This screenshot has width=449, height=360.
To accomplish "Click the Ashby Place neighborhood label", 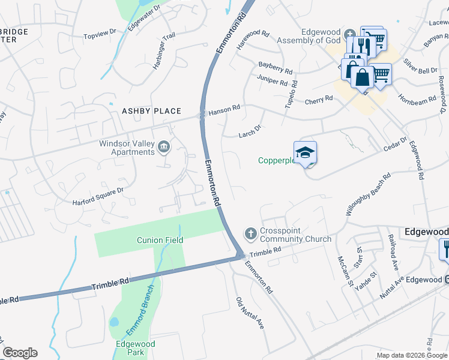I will (151, 111).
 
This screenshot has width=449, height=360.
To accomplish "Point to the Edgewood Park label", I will (136, 348).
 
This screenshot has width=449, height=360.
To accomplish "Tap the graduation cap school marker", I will (305, 152).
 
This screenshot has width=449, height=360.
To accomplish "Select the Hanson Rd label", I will (224, 109).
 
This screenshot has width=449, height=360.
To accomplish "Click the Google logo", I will (20, 353).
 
